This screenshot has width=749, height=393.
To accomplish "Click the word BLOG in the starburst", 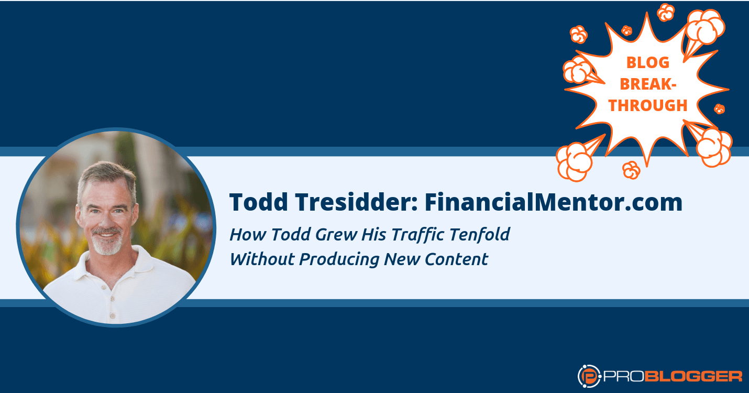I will click(647, 62).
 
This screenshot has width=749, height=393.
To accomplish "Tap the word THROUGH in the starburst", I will click(647, 105).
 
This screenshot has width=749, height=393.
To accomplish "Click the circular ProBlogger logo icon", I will click(588, 376).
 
